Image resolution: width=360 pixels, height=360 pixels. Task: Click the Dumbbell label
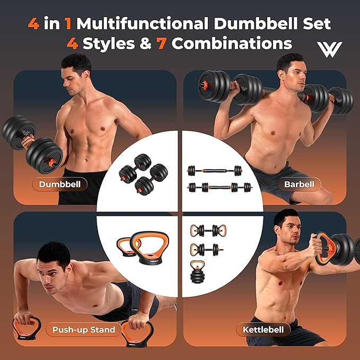pyautogui.click(x=60, y=184)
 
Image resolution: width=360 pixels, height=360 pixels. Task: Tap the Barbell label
pyautogui.click(x=299, y=184)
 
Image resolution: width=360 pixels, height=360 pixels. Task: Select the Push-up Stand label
pyautogui.click(x=84, y=329)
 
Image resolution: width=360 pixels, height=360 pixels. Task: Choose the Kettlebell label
pyautogui.click(x=263, y=329)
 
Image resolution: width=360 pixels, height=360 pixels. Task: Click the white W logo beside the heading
pyautogui.click(x=329, y=49)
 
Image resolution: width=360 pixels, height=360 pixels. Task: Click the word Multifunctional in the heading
pyautogui.click(x=142, y=23)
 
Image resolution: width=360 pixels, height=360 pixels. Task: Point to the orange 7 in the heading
pyautogui.click(x=161, y=43)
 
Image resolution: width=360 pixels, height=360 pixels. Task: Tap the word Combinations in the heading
pyautogui.click(x=232, y=43)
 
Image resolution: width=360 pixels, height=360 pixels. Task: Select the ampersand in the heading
pyautogui.click(x=146, y=43)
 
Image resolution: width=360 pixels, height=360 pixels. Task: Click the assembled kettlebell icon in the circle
pyautogui.click(x=197, y=271)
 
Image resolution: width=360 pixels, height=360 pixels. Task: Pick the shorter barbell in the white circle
pyautogui.click(x=215, y=171)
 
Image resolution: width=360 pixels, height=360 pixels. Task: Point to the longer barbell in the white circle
pyautogui.click(x=220, y=187)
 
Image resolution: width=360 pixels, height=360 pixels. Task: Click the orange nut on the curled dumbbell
pyautogui.click(x=52, y=163)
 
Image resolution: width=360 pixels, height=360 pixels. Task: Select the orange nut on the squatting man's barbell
pyautogui.click(x=204, y=85)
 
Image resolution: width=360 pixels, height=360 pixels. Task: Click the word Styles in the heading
pyautogui.click(x=109, y=43)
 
